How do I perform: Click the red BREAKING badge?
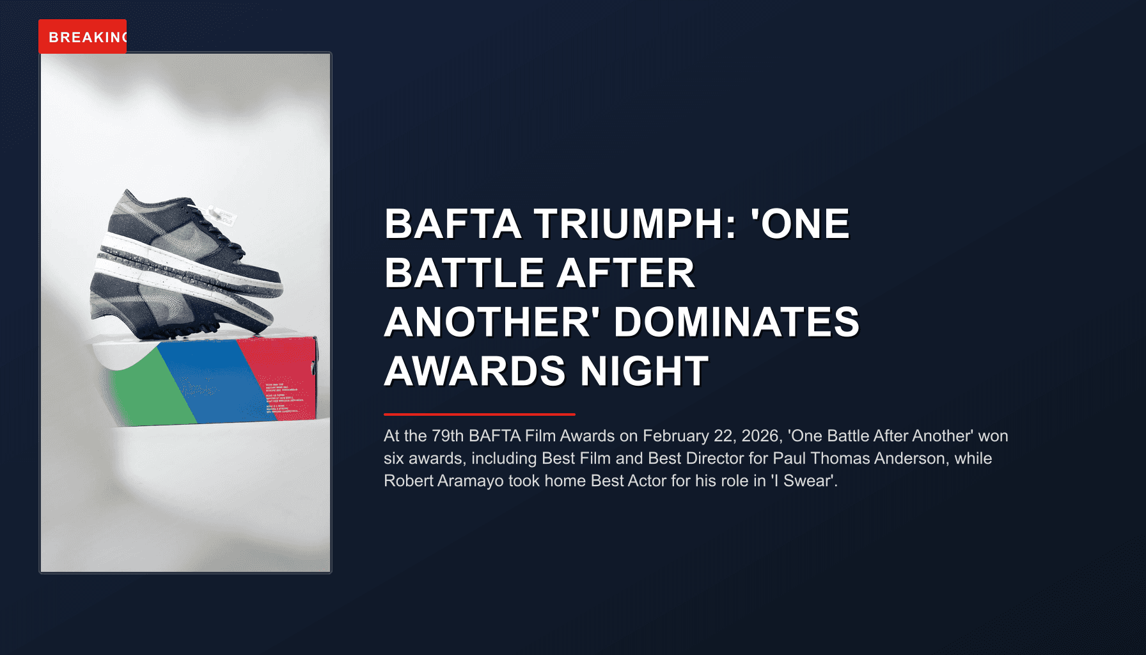click(82, 37)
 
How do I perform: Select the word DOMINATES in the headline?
click(737, 322)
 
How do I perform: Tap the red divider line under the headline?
click(480, 414)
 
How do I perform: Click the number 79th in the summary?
click(448, 436)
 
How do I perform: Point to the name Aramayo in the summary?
click(471, 481)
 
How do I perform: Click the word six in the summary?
click(394, 459)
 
